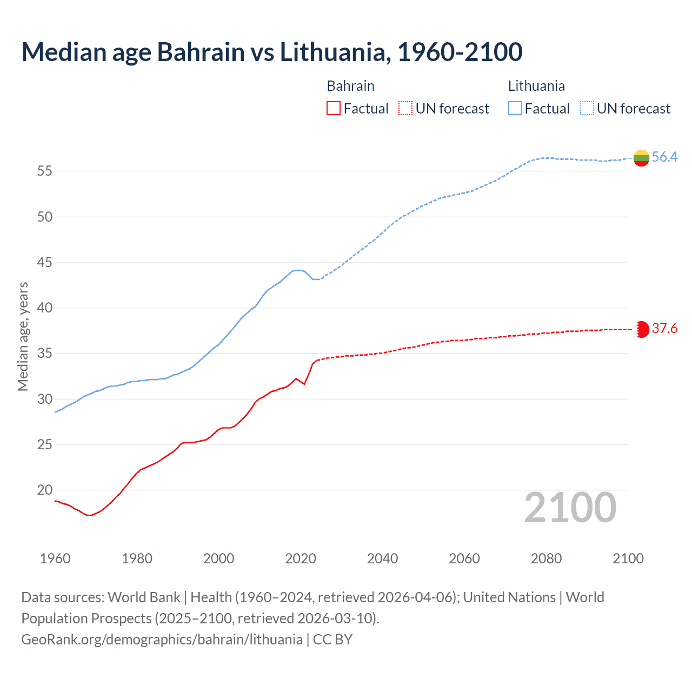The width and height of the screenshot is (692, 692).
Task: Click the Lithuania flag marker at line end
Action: click(641, 158)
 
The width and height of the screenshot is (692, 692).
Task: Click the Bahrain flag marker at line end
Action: click(642, 329)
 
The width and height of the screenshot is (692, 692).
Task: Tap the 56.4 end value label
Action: click(664, 157)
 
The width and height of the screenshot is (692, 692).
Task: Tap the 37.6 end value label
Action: click(664, 329)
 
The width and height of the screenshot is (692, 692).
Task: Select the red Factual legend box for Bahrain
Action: click(334, 109)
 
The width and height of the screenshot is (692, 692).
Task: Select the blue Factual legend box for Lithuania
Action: click(515, 109)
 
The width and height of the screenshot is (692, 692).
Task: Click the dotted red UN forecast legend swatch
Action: click(405, 109)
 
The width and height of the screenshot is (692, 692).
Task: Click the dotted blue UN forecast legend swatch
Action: click(587, 109)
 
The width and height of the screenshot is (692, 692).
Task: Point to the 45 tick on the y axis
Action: click(45, 263)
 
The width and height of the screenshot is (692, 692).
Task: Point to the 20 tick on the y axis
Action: click(45, 490)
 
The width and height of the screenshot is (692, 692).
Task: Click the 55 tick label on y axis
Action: click(45, 171)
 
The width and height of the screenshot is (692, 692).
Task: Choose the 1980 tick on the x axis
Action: click(137, 558)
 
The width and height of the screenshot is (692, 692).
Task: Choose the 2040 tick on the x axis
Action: click(382, 558)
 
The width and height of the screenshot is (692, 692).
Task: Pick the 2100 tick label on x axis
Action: click(628, 558)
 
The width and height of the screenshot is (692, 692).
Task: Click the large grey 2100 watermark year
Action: click(570, 508)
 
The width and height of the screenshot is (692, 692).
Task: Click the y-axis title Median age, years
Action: click(23, 336)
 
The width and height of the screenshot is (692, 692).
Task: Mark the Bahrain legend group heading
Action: click(350, 86)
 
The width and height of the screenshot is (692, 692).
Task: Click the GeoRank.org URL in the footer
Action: click(162, 640)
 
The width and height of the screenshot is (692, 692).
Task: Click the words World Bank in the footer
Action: click(144, 597)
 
